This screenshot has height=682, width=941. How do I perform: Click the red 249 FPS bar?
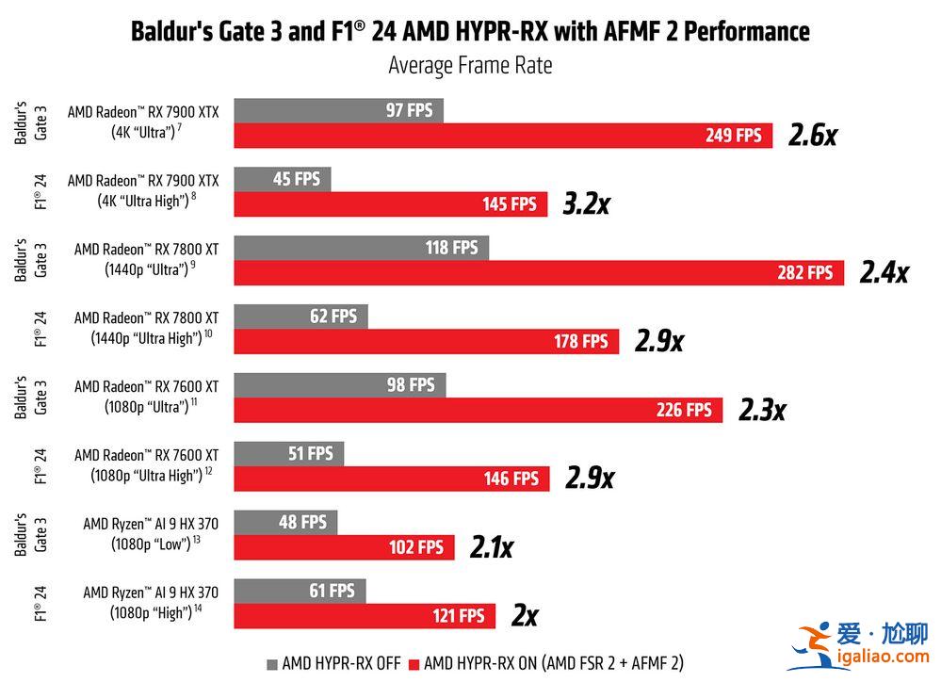point(503,136)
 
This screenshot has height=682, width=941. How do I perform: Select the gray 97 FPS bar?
point(338,110)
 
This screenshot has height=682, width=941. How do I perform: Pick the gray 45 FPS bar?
point(282,179)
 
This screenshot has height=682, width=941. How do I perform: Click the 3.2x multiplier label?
point(586,203)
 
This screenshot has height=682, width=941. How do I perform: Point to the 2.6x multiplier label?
point(812,136)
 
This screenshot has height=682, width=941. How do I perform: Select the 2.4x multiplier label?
point(884,273)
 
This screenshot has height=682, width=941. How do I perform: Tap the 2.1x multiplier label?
point(491,547)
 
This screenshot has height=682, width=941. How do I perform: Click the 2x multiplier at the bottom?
point(524,616)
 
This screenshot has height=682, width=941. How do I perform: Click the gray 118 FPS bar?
point(361,248)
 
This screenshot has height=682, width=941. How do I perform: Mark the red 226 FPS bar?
point(478,410)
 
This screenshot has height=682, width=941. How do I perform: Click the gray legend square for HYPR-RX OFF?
point(272,663)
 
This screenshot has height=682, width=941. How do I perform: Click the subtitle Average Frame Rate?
point(470,65)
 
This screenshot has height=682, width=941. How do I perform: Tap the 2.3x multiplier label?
point(761,410)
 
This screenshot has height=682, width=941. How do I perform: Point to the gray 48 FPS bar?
point(284,522)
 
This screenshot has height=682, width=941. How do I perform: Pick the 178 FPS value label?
point(581,341)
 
